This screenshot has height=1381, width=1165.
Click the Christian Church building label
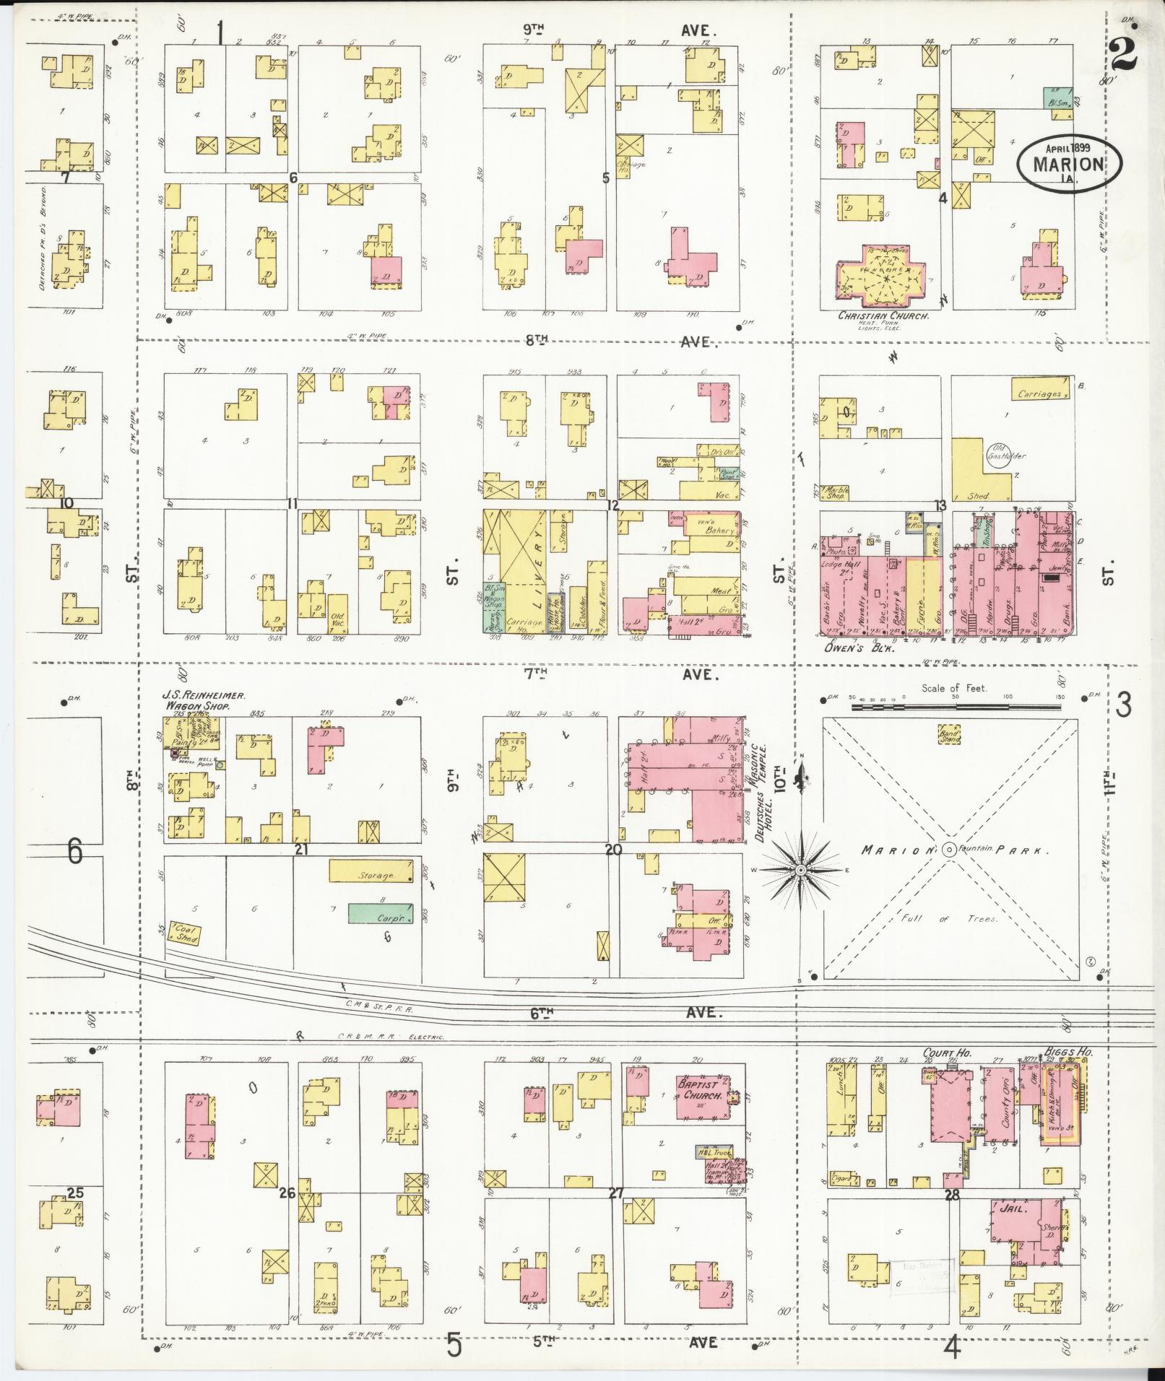[882, 315]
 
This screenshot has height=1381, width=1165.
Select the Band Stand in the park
[949, 735]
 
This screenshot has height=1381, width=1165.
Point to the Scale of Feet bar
[953, 699]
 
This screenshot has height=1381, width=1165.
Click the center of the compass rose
[800, 870]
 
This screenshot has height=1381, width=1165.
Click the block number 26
[287, 1193]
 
